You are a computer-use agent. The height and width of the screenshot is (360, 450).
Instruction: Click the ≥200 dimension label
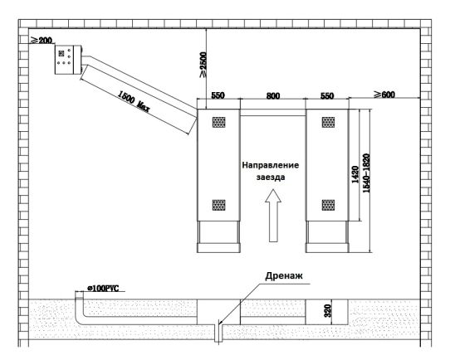42,41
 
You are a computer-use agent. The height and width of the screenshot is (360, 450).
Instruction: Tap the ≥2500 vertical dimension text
203,65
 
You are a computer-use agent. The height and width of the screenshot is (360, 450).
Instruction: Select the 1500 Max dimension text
134,101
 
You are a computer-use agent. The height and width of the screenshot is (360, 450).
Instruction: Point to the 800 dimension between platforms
273,95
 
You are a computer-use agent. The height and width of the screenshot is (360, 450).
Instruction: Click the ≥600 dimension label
384,95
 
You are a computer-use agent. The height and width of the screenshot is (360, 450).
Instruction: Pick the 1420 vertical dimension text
355,174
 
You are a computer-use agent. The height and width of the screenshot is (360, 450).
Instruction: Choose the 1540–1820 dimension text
366,173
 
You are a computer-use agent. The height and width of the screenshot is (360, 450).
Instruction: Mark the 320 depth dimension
328,311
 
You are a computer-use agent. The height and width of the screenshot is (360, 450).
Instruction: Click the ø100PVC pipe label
103,289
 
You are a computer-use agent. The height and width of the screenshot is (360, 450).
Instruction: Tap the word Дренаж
284,275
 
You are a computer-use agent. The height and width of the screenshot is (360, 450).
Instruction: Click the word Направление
271,165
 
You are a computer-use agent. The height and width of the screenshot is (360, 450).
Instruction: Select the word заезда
271,178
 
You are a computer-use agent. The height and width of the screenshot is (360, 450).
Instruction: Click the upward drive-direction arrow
273,216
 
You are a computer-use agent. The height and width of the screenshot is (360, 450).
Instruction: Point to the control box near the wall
68,60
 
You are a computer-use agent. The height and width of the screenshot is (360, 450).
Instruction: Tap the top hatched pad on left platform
218,122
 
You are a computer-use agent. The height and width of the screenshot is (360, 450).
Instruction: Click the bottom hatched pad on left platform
218,205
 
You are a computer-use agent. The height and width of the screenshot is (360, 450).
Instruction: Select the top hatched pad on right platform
328,122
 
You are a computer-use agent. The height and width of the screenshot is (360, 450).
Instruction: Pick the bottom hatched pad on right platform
328,205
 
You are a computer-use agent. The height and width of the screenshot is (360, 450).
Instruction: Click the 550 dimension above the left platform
218,95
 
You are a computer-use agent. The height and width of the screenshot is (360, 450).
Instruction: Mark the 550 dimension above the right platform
327,95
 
